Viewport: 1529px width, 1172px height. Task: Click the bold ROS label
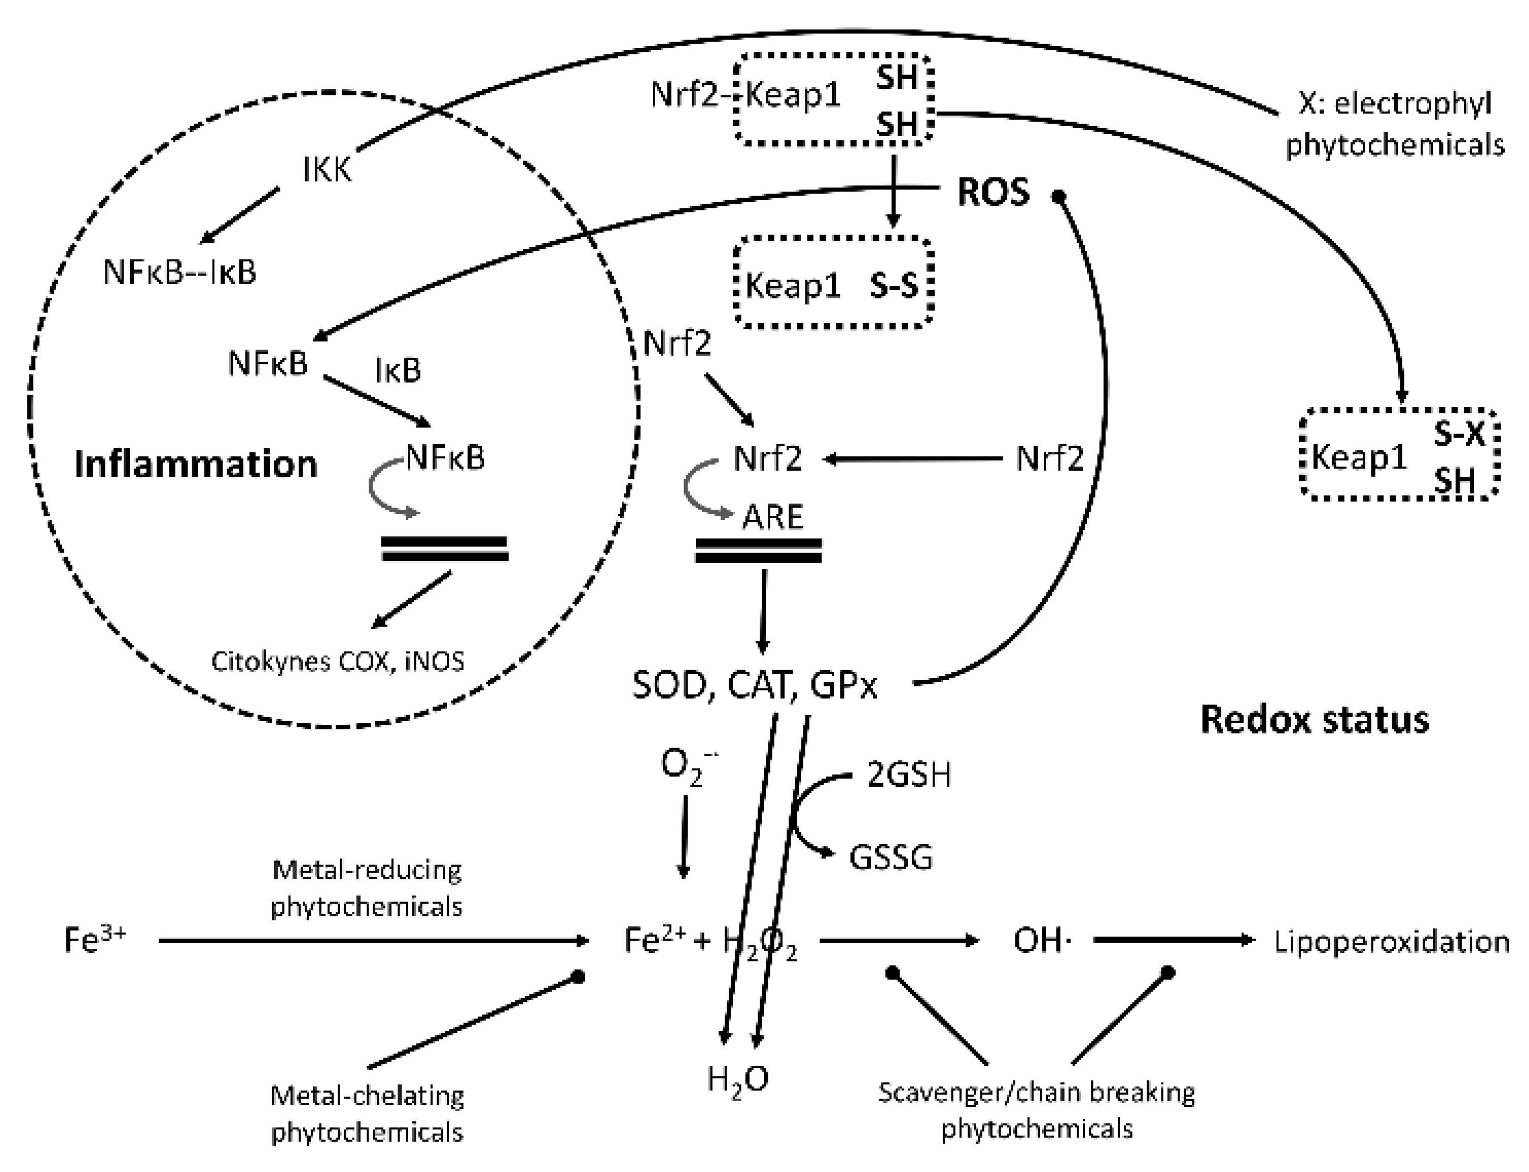coord(993,193)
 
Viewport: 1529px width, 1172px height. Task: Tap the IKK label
coord(326,170)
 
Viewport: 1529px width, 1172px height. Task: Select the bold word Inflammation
coord(196,464)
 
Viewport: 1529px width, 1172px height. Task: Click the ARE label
coord(772,517)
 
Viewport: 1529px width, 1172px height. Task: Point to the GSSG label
coord(890,857)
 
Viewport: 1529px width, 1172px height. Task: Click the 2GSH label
coord(909,775)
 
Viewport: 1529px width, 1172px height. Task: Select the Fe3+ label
coord(95,940)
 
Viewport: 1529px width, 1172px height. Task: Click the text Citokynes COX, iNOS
coord(338,661)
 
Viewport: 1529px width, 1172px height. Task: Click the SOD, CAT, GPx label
coord(755,686)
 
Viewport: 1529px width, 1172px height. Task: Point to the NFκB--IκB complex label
coord(180,272)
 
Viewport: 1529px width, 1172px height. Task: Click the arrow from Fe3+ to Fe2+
coord(373,940)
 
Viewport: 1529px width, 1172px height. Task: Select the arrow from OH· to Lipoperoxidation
coord(1173,940)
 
